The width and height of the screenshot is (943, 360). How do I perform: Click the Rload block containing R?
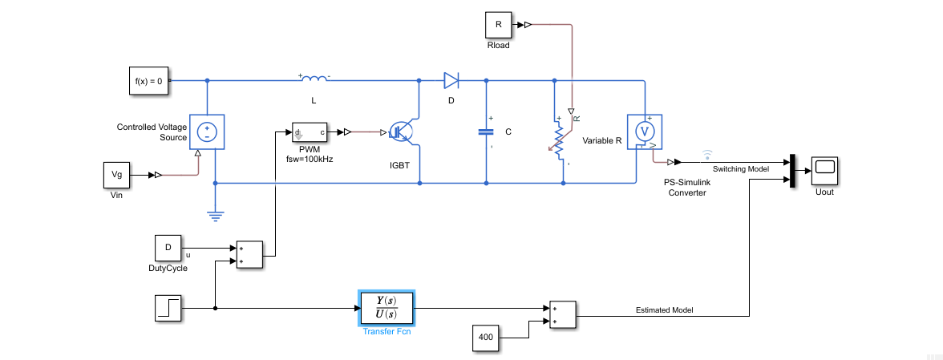[x=498, y=25]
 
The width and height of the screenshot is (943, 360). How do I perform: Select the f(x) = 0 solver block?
[x=149, y=81]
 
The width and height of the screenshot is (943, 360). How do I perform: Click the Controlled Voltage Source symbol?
[x=207, y=131]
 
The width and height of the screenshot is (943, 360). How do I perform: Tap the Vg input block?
[x=116, y=175]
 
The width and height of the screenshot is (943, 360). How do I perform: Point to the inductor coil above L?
[x=314, y=79]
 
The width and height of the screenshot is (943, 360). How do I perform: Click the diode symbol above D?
[x=451, y=80]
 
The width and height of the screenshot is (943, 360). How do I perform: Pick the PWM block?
[x=310, y=132]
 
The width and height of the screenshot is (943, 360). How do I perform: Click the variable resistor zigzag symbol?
[x=559, y=140]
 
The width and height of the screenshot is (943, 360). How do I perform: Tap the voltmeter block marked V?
[x=643, y=131]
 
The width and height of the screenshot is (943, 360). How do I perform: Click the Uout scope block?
[x=824, y=169]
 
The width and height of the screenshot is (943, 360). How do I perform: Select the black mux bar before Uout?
[x=792, y=170]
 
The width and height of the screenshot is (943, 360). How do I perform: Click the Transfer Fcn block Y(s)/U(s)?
[x=387, y=306]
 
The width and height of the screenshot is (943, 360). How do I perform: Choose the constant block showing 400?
[x=485, y=338]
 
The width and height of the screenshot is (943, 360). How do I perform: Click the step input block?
[x=169, y=308]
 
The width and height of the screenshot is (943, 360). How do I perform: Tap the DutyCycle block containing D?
[x=168, y=248]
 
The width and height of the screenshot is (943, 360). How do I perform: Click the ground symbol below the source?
[x=215, y=214]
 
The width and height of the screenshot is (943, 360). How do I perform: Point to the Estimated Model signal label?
[x=664, y=309]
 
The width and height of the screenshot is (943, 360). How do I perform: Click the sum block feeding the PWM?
[x=248, y=254]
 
